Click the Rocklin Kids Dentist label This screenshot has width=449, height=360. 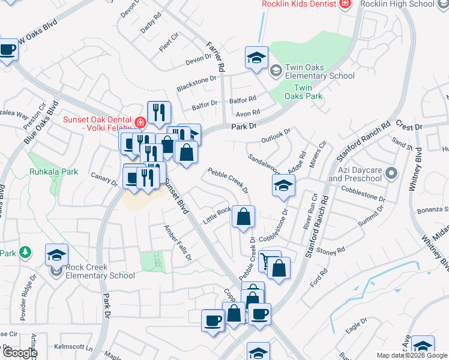pyautogui.click(x=299, y=4)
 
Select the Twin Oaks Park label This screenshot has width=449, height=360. pyautogui.click(x=303, y=92)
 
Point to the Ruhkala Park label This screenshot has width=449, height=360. pyautogui.click(x=53, y=172)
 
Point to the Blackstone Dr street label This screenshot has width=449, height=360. pyautogui.click(x=196, y=83)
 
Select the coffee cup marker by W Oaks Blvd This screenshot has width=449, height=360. pyautogui.click(x=8, y=50)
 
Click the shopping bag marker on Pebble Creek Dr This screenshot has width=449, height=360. pyautogui.click(x=243, y=217)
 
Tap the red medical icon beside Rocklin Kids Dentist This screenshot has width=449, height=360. pyautogui.click(x=345, y=4)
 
